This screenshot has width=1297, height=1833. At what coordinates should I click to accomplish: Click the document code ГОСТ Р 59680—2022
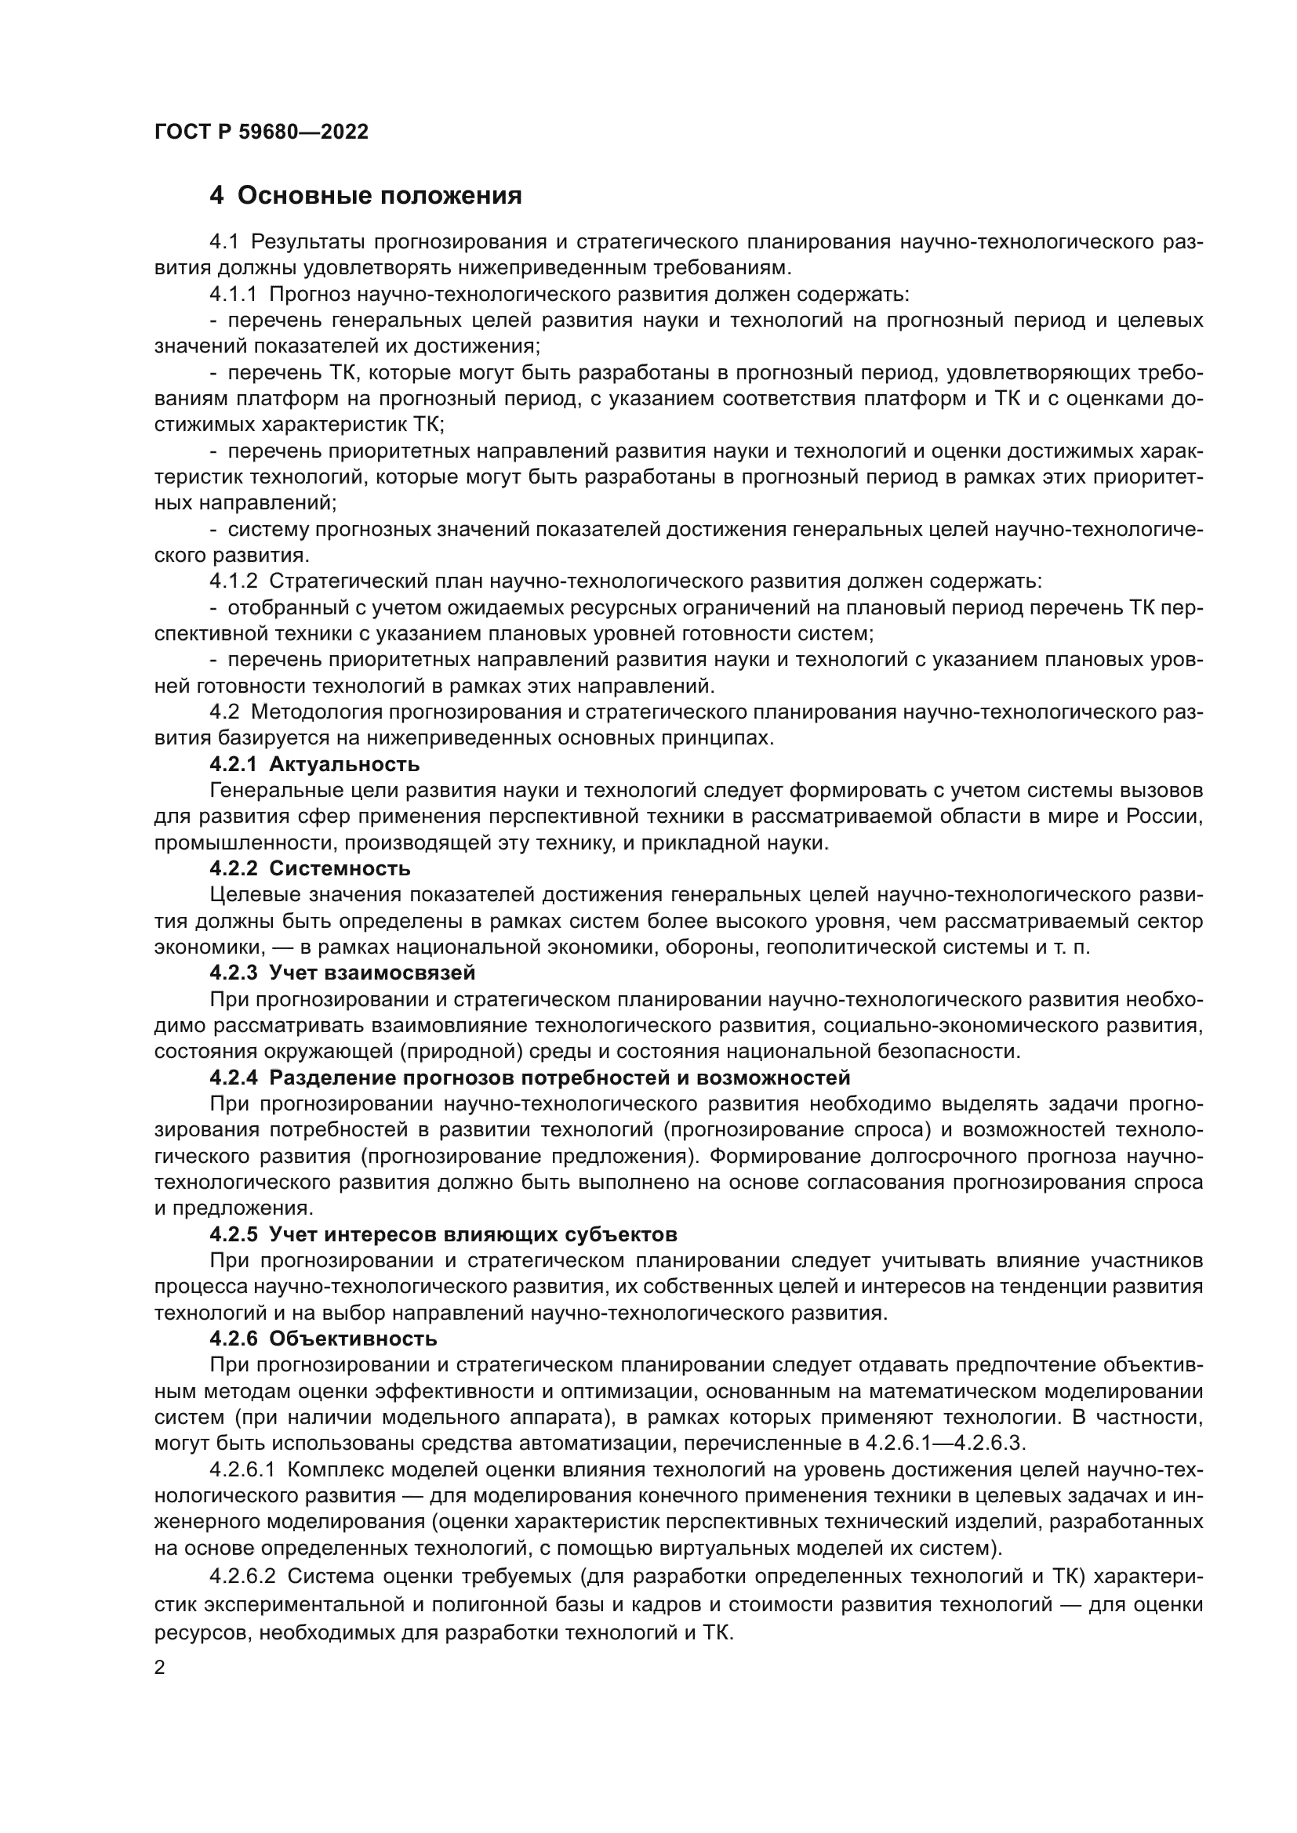(261, 132)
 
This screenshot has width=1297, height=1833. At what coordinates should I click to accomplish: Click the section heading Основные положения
(380, 196)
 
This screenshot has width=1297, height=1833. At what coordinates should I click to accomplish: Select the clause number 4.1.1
(233, 295)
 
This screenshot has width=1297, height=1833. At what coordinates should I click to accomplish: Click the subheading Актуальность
(344, 764)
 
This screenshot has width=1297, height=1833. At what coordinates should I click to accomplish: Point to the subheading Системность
(340, 868)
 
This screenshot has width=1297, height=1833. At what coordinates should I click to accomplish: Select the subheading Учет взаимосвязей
(372, 973)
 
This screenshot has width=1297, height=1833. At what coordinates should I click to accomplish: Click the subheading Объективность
(353, 1338)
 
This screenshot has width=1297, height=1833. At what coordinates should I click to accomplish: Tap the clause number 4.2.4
(233, 1078)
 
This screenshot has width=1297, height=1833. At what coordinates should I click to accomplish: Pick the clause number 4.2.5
(233, 1234)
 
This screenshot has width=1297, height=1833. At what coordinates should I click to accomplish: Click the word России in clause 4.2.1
(1164, 817)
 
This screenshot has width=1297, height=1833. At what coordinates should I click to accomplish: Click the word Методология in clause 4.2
(314, 712)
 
